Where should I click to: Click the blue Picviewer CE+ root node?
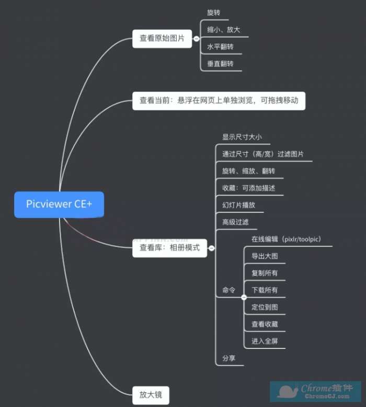59,204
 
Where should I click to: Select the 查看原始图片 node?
162,38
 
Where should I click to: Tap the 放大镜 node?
151,394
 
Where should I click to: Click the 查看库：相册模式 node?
169,247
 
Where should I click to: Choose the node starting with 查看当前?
219,100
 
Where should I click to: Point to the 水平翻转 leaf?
220,47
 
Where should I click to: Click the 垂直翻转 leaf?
220,64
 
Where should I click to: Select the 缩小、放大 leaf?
223,30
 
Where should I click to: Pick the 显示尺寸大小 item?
242,137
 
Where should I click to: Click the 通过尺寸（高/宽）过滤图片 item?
263,154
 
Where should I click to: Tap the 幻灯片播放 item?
238,205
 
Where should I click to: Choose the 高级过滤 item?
235,222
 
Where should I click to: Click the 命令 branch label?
229,290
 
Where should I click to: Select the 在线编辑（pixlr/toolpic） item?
286,239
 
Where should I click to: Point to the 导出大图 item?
265,256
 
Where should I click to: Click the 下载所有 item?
265,290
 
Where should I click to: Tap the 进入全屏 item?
265,341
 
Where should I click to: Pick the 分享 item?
229,359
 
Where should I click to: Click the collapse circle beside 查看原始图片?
196,39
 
